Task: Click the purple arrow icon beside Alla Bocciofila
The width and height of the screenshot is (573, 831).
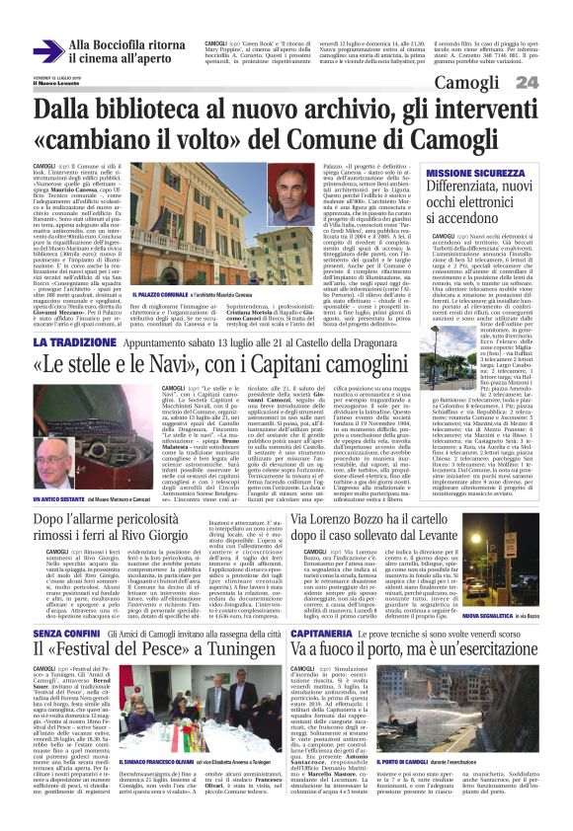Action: click(x=46, y=51)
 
